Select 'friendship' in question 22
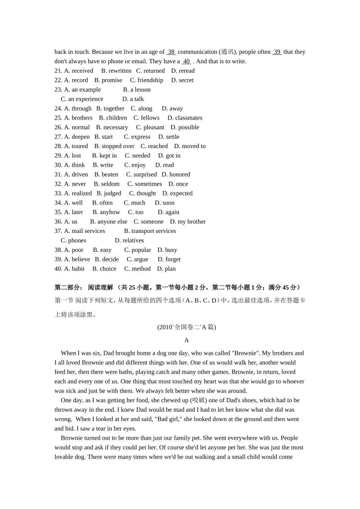point(150,80)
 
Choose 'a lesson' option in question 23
point(140,90)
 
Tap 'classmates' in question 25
point(188,118)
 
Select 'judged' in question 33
point(113,193)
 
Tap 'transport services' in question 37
point(153,231)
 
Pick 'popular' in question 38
point(141,250)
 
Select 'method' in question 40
point(141,269)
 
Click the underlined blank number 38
point(171,52)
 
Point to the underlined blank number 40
point(186,61)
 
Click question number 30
point(58,165)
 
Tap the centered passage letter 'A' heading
point(186,340)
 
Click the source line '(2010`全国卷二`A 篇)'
point(186,327)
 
